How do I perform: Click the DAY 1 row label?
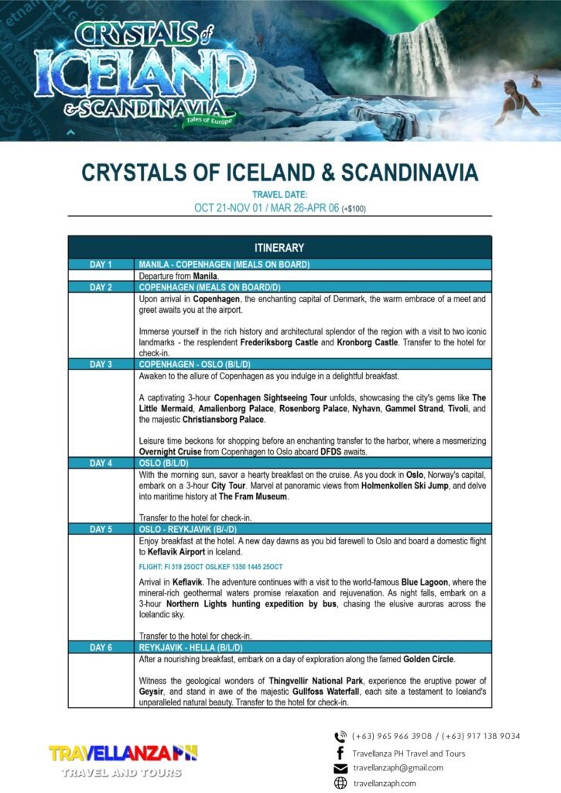101,265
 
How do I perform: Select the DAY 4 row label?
101,463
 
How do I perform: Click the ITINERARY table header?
279,248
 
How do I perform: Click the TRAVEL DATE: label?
280,194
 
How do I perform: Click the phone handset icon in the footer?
340,736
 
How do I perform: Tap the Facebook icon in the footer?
340,753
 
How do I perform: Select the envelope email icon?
340,768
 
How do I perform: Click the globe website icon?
340,784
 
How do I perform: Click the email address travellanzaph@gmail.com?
398,768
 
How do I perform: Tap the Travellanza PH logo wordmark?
123,753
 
